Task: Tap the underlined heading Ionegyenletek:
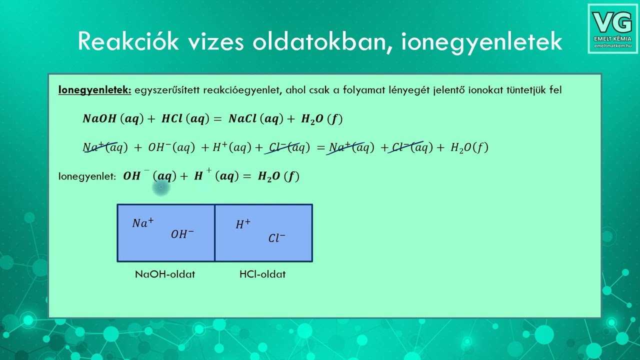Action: click(x=94, y=90)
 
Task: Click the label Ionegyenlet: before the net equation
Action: click(x=87, y=176)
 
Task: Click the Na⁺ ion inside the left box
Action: click(x=143, y=223)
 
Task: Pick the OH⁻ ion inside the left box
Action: click(x=182, y=234)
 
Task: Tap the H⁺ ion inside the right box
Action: click(x=243, y=224)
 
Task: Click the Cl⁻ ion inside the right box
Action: click(x=276, y=238)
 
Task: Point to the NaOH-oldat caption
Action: click(x=165, y=274)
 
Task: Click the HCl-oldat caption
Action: click(x=262, y=274)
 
